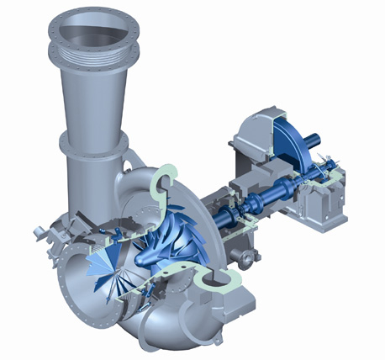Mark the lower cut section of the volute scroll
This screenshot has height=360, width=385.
point(210,286)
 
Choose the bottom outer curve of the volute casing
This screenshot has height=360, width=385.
point(160,332)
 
